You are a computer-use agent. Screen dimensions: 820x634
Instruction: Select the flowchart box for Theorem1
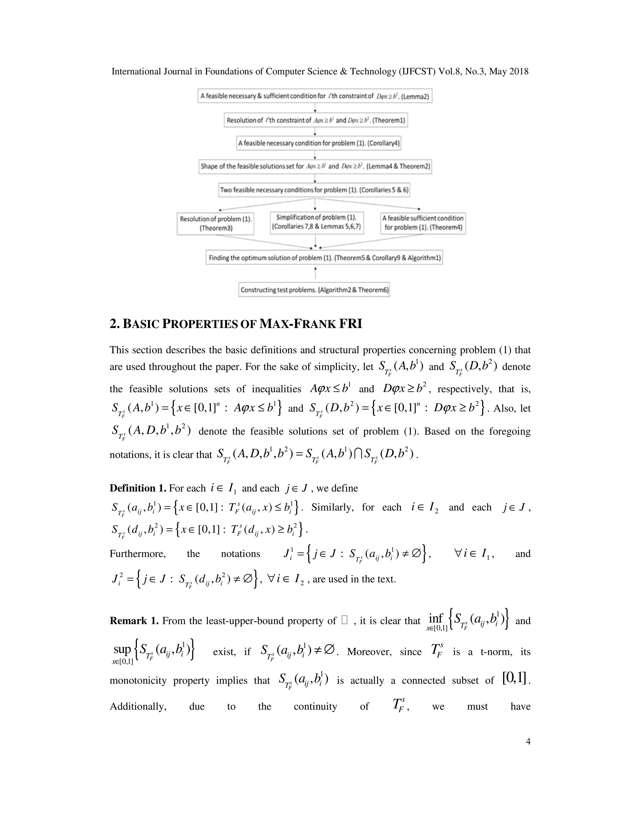coord(315,120)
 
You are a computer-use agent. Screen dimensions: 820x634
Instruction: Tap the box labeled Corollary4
coord(319,143)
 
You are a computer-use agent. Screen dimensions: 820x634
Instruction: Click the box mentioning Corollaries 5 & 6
coord(314,190)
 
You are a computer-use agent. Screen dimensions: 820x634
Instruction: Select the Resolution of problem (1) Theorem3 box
coord(215,223)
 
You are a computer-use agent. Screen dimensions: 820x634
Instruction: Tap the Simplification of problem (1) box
coord(317,222)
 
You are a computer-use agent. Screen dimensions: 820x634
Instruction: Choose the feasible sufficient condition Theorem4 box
coord(423,223)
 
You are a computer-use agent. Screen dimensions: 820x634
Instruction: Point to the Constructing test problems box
coord(314,290)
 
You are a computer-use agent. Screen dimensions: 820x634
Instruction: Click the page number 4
coord(528,741)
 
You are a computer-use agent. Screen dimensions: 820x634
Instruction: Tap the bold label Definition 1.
coord(137,488)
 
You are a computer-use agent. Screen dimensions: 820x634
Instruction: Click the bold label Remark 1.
coord(134,621)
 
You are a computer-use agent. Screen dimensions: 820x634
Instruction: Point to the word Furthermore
coord(137,554)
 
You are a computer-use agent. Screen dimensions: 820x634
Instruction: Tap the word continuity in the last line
coord(315,706)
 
